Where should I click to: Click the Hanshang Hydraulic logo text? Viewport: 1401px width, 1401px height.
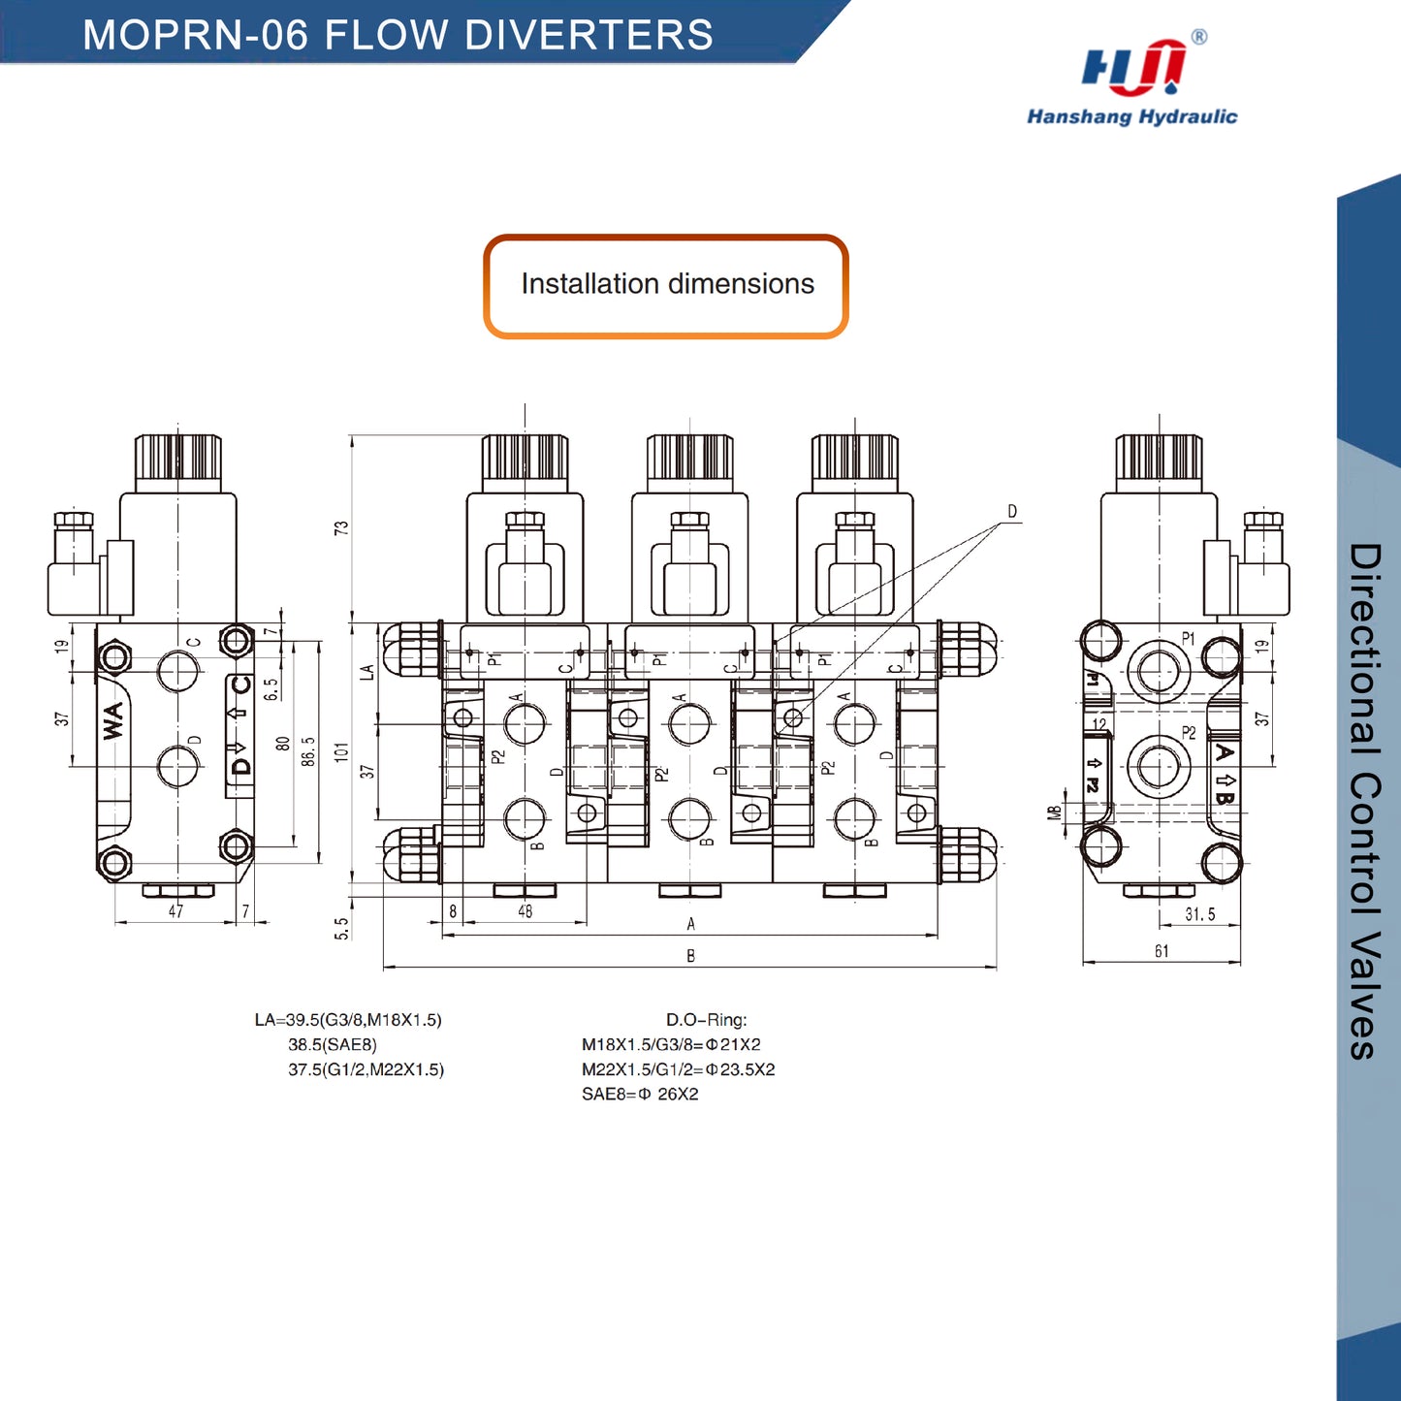click(1131, 116)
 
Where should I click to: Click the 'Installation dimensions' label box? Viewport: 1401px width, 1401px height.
click(667, 285)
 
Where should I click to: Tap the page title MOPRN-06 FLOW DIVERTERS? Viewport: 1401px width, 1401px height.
click(398, 35)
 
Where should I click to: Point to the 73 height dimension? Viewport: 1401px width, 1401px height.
click(340, 528)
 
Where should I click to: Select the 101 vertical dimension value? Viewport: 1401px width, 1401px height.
click(340, 752)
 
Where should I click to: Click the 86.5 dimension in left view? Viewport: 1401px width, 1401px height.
click(308, 751)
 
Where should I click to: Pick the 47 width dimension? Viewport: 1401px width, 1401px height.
click(175, 911)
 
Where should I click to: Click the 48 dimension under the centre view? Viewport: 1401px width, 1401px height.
click(525, 911)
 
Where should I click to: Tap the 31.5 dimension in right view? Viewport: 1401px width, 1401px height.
click(1199, 914)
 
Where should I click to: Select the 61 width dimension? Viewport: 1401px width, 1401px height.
click(1162, 951)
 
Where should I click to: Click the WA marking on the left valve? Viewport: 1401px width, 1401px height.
click(114, 720)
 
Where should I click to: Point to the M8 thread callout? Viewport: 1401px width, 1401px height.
click(1055, 812)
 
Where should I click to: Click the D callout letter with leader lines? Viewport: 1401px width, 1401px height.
click(1012, 512)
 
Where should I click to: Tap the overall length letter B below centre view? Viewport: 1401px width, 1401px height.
click(690, 956)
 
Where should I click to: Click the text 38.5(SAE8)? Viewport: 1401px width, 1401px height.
click(333, 1045)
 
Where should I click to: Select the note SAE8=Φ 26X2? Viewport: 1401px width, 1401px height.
click(640, 1095)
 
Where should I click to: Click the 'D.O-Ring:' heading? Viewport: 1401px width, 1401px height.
click(706, 1020)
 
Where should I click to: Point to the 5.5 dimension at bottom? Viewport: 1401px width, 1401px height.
click(341, 929)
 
